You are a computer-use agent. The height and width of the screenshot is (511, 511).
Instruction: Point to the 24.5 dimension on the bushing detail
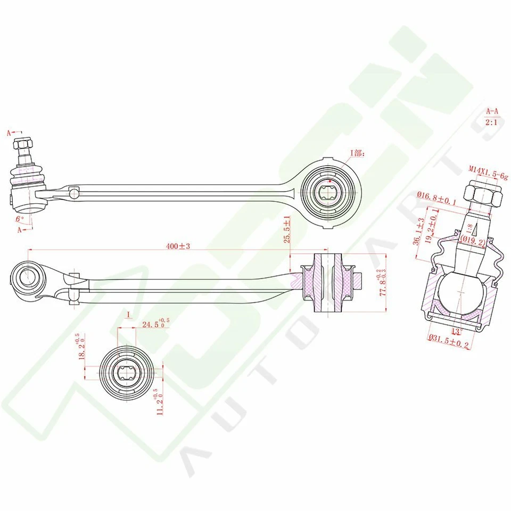click(155, 324)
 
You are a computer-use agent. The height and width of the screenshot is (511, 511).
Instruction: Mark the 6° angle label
click(20, 219)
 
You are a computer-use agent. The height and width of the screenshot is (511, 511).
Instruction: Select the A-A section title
click(492, 112)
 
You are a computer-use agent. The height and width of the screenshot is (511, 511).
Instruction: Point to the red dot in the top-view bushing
click(331, 182)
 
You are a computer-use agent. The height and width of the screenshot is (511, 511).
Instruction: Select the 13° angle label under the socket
click(455, 332)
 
